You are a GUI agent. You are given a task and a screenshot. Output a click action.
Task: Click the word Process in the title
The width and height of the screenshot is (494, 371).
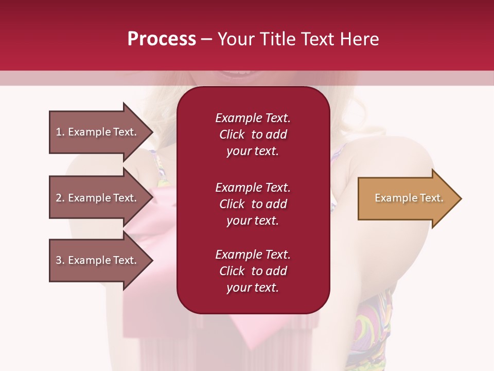click(x=162, y=39)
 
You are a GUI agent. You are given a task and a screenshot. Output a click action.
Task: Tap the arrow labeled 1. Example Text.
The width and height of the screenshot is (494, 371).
click(x=97, y=132)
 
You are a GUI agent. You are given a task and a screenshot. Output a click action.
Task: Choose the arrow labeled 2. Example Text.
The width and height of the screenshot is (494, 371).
click(x=97, y=198)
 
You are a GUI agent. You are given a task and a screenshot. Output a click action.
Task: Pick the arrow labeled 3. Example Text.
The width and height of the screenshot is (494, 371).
click(x=97, y=260)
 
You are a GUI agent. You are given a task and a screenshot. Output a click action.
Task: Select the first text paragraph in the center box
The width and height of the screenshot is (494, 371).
click(x=253, y=134)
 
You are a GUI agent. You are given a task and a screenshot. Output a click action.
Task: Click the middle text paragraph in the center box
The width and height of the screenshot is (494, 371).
click(x=253, y=204)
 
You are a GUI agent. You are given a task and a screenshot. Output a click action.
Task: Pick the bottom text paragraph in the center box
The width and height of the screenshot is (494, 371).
click(x=253, y=271)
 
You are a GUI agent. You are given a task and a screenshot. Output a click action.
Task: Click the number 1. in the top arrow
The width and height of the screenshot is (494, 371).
click(x=60, y=132)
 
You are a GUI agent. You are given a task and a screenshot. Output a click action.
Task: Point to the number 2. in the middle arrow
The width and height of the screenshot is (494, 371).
click(x=60, y=198)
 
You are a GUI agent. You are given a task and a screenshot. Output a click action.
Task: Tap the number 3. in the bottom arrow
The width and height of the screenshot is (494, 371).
click(x=60, y=260)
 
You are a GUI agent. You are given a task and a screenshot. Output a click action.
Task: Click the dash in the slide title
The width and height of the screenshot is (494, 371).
click(x=206, y=40)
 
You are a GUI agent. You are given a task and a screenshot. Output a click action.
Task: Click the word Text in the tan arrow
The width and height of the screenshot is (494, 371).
click(x=431, y=198)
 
